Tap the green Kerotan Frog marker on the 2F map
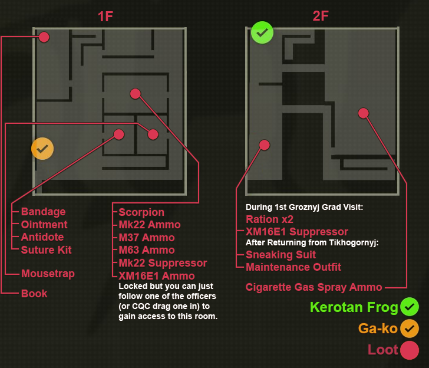(262, 32)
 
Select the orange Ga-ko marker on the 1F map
(42, 149)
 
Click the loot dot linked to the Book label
(44, 37)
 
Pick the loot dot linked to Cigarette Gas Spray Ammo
(363, 113)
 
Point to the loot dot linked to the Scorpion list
(135, 93)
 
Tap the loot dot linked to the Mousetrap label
(153, 134)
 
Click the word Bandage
(43, 212)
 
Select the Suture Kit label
(46, 250)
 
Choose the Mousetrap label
(48, 274)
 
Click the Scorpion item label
(141, 212)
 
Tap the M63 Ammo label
(146, 250)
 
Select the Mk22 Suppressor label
(163, 263)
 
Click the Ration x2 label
(270, 219)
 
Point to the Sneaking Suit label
(280, 255)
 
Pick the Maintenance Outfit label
(293, 267)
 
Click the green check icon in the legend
(409, 307)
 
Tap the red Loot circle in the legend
(409, 350)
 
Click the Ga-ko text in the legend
(378, 328)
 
